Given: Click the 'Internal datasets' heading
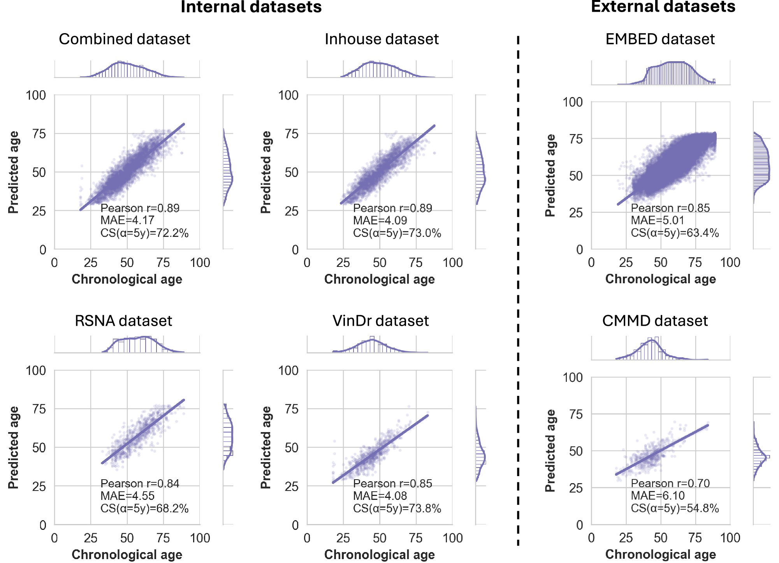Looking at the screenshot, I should coord(251,7).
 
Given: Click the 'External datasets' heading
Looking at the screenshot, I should coord(663,7).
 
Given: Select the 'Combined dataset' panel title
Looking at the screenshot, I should coord(124,39).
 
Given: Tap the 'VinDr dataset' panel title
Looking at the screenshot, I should coord(380,321).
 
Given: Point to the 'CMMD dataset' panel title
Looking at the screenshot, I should coord(655,321).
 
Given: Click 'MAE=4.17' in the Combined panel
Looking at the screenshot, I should coord(127,221).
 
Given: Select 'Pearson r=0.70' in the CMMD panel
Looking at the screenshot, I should coord(670,483).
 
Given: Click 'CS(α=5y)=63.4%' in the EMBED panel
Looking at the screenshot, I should coord(675,233).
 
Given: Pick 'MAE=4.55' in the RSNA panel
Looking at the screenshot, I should coord(127,496).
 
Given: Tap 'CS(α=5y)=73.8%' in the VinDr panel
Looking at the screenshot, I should coord(397,508).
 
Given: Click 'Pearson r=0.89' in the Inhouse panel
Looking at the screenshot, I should coord(392,208).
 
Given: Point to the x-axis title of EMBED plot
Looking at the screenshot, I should coord(660,279).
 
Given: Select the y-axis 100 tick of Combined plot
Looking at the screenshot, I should coord(36,95).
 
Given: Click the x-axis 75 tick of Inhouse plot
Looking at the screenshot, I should coord(416,263).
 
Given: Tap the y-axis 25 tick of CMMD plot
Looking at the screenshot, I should coord(576,488).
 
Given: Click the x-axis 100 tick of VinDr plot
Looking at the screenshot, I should coord(452,538).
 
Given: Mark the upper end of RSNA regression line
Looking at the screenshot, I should coord(184,400).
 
